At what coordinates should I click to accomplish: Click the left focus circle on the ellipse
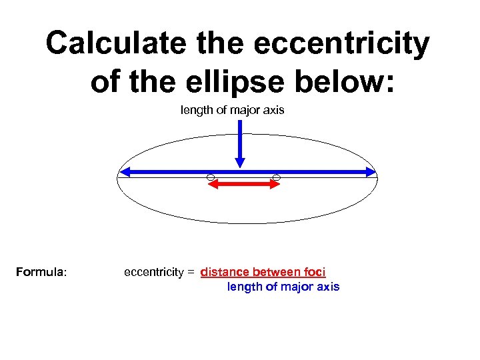click(x=210, y=177)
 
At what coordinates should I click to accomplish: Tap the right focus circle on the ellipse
click(x=277, y=177)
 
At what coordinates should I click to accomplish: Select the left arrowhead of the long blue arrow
click(x=124, y=172)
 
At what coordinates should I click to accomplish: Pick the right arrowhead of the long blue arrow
click(x=371, y=172)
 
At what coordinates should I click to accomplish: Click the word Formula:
click(x=41, y=272)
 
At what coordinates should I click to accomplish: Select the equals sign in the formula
click(x=190, y=273)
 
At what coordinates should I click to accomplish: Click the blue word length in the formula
click(x=243, y=287)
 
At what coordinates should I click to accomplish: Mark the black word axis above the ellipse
click(x=273, y=110)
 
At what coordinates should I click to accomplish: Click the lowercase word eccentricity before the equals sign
click(x=154, y=272)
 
